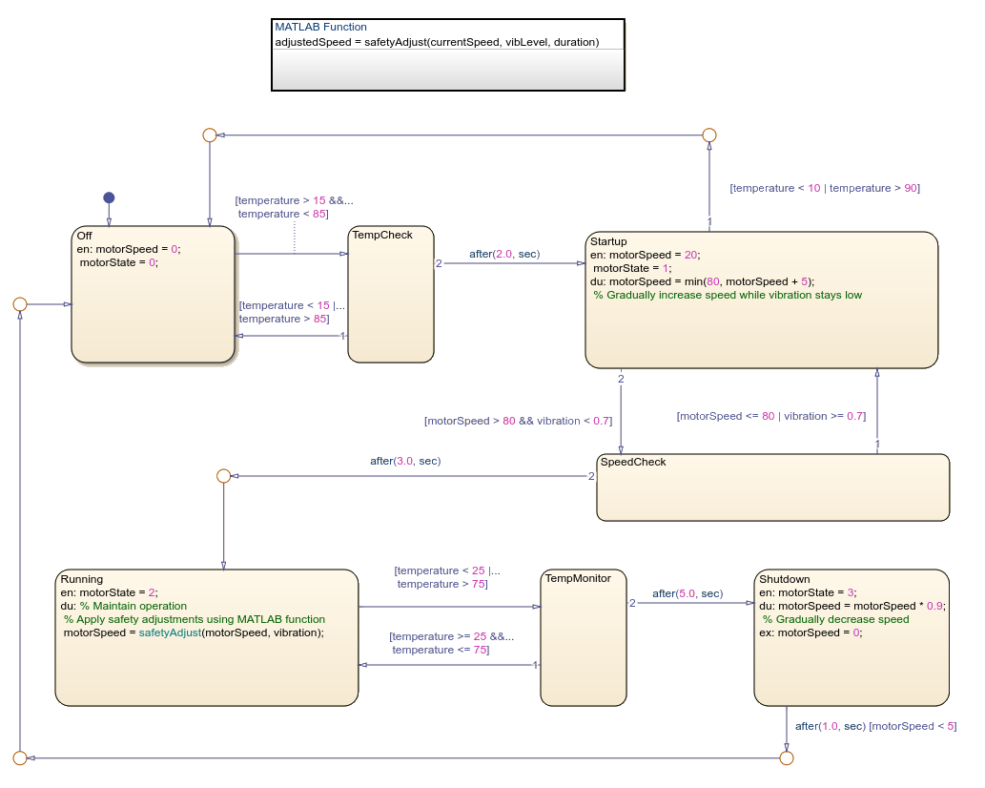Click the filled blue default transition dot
point(109,197)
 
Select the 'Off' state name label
point(85,236)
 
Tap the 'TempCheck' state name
point(381,235)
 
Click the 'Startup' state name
point(608,241)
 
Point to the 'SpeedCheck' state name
point(633,462)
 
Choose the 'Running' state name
point(81,578)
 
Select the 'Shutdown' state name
point(784,579)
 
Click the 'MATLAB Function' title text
point(320,27)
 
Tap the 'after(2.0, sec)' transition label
point(504,254)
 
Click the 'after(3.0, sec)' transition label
point(405,461)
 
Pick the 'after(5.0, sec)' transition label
point(687,593)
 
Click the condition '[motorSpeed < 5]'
point(913,726)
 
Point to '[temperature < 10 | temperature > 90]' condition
point(824,188)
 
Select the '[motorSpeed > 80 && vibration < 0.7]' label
point(518,420)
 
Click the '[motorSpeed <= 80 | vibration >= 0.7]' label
point(770,416)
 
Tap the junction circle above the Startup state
point(708,135)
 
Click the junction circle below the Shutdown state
point(786,757)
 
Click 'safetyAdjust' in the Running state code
point(170,632)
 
